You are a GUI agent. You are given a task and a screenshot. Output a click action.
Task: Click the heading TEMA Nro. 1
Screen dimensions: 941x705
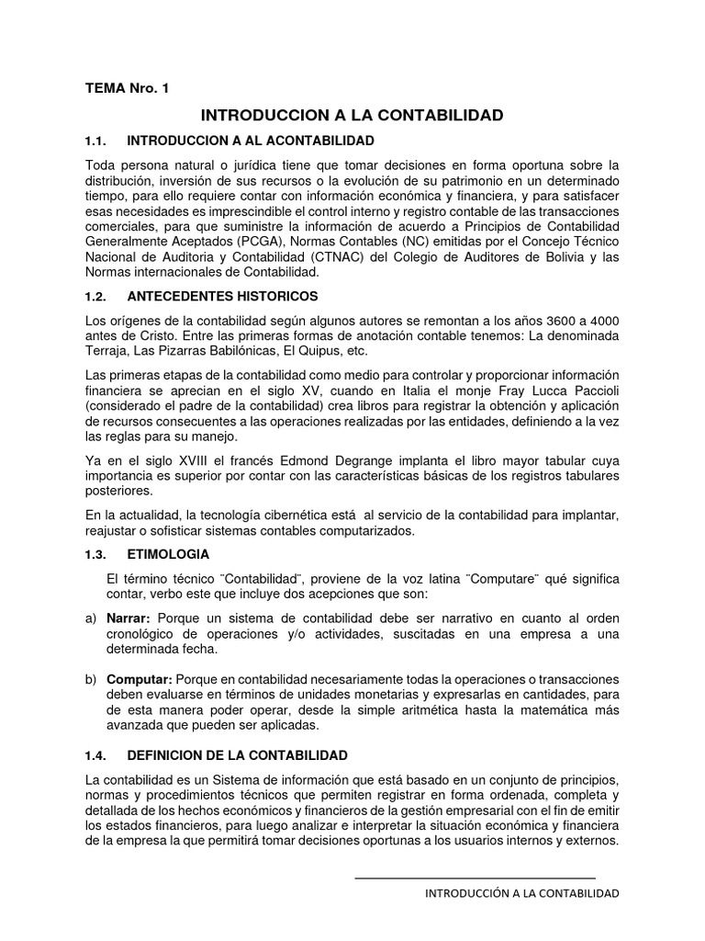pyautogui.click(x=127, y=88)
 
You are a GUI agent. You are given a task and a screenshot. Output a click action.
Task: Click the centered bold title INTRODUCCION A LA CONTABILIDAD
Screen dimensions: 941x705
pyautogui.click(x=352, y=115)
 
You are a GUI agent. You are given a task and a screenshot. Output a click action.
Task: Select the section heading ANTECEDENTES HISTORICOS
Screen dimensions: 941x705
pyautogui.click(x=222, y=296)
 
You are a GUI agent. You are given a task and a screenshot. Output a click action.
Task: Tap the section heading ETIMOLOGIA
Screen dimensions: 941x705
pyautogui.click(x=168, y=554)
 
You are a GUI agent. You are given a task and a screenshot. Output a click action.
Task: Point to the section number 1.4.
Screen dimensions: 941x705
pyautogui.click(x=96, y=755)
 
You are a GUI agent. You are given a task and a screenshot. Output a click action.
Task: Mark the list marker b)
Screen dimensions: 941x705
pyautogui.click(x=90, y=678)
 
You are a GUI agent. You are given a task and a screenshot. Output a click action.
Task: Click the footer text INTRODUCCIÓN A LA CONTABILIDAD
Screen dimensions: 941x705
pyautogui.click(x=521, y=893)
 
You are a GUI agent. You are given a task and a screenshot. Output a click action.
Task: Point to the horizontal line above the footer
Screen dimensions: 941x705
pyautogui.click(x=475, y=878)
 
